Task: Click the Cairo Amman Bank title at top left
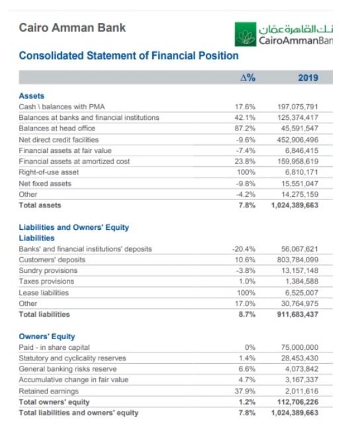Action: pyautogui.click(x=72, y=28)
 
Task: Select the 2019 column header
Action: pyautogui.click(x=308, y=78)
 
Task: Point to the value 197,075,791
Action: pyautogui.click(x=300, y=107)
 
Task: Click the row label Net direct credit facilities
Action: pyautogui.click(x=59, y=140)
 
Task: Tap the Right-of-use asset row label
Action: pyautogui.click(x=49, y=172)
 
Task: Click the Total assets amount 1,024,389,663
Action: pyautogui.click(x=294, y=205)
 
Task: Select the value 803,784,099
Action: pyautogui.click(x=300, y=260)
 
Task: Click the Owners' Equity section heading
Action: pyautogui.click(x=47, y=337)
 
